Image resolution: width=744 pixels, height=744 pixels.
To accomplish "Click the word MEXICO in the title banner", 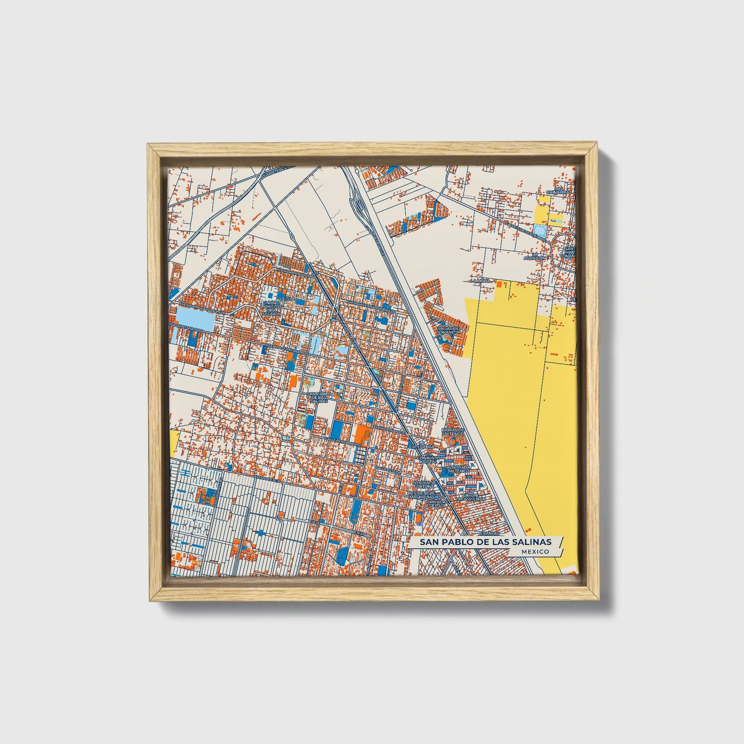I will [534, 551].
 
